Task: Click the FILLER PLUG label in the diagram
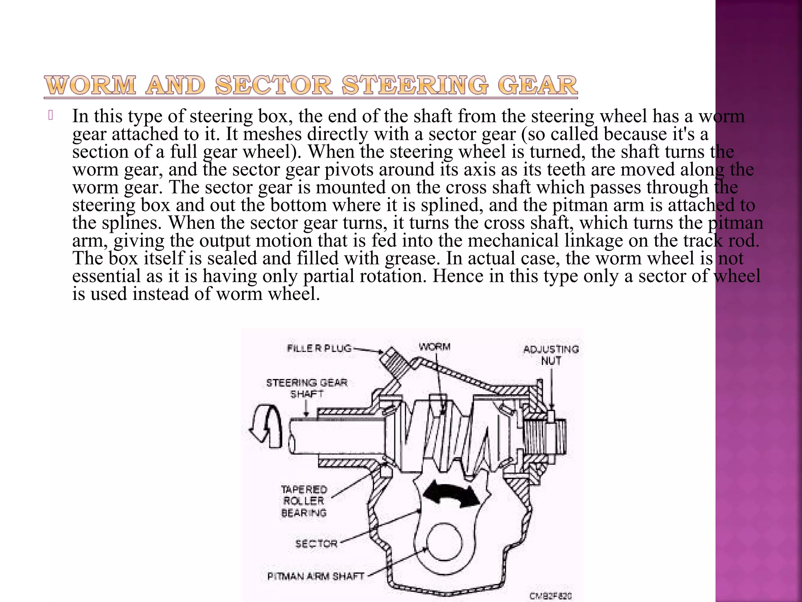click(x=319, y=348)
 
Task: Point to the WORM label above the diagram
click(x=434, y=347)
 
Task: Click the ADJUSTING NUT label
click(x=551, y=355)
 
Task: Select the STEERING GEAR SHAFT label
click(x=307, y=388)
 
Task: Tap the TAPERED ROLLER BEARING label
click(x=304, y=501)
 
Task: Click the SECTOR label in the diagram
click(x=316, y=544)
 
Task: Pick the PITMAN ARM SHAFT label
click(x=316, y=576)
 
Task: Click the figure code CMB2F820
click(x=551, y=596)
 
